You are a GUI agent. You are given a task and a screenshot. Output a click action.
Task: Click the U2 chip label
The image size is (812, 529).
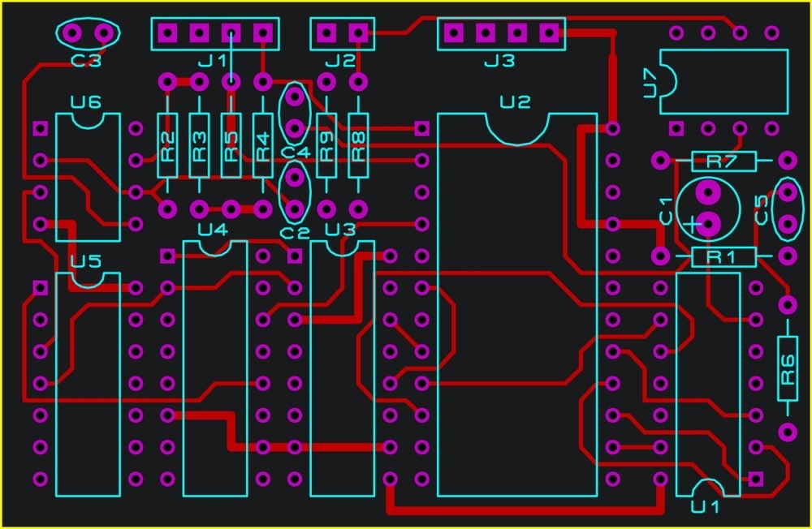pyautogui.click(x=515, y=102)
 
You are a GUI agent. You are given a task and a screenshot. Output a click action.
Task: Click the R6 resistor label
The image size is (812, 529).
pyautogui.click(x=788, y=370)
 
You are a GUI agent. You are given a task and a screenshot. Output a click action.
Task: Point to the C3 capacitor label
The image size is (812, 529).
pyautogui.click(x=86, y=60)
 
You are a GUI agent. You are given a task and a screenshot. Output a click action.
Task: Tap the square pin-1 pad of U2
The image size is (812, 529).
pyautogui.click(x=421, y=128)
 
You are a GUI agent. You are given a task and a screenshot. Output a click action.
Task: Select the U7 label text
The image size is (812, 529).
pyautogui.click(x=650, y=83)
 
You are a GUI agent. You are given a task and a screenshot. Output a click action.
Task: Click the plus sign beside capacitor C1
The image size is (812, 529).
pyautogui.click(x=691, y=223)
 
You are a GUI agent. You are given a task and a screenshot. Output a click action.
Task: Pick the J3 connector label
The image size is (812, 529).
pyautogui.click(x=499, y=61)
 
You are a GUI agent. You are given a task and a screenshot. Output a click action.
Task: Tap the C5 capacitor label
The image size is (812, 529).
pyautogui.click(x=762, y=209)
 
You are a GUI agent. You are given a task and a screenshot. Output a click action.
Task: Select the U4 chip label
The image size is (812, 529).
pyautogui.click(x=213, y=229)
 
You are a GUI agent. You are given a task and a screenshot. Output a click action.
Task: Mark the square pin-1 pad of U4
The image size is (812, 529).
pyautogui.click(x=167, y=256)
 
